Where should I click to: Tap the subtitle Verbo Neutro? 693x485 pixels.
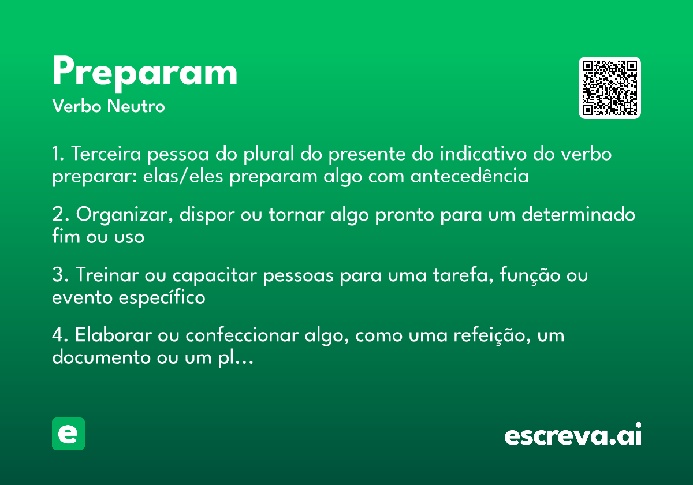[109, 106]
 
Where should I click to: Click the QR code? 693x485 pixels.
[610, 88]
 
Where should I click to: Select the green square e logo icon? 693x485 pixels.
[68, 434]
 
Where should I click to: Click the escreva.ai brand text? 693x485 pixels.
[573, 435]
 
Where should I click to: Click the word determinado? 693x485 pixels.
[579, 215]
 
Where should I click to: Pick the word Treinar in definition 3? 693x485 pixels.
[107, 275]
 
